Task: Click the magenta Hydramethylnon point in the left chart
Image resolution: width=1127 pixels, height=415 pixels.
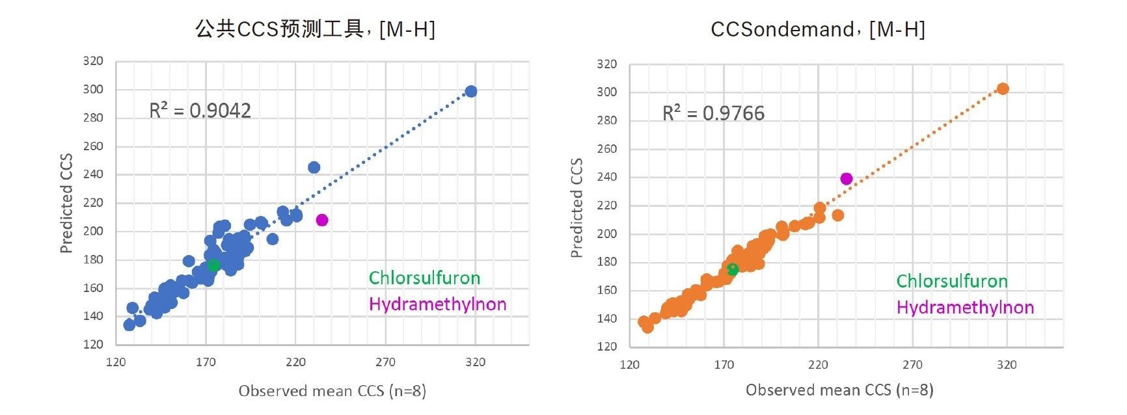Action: click(x=322, y=221)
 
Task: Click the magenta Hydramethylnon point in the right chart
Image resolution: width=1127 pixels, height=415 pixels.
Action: click(x=846, y=179)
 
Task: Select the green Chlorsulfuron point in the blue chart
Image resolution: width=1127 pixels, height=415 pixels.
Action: click(x=213, y=265)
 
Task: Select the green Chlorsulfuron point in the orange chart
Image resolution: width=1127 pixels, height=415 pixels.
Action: click(x=733, y=269)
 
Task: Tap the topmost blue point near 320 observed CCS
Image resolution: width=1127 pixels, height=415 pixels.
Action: click(x=471, y=92)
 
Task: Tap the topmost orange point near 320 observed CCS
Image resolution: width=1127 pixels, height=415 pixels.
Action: click(x=1003, y=89)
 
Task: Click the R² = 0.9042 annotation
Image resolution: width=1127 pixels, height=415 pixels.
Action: click(x=200, y=111)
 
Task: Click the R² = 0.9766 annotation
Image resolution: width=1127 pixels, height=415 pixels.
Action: click(x=713, y=113)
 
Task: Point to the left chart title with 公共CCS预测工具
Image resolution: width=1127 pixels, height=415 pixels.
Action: click(x=316, y=29)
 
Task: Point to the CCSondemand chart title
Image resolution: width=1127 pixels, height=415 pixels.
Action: click(x=817, y=29)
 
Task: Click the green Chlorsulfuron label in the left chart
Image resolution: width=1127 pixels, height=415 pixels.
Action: click(x=424, y=278)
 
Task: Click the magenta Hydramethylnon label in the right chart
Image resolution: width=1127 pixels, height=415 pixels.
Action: click(x=965, y=308)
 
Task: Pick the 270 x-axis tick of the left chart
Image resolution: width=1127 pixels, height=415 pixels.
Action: click(x=385, y=362)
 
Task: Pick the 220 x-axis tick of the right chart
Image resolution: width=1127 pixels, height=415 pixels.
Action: click(x=818, y=365)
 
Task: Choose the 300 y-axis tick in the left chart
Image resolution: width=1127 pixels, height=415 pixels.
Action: click(x=93, y=90)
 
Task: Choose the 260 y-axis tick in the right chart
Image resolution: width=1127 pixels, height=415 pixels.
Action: click(x=606, y=149)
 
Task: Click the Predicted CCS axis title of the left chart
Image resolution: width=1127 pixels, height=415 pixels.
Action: click(x=66, y=203)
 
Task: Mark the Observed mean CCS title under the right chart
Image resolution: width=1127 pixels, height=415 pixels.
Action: click(x=839, y=390)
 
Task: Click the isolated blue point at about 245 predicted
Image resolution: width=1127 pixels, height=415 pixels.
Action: click(x=314, y=168)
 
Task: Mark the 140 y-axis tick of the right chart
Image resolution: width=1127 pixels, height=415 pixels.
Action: click(x=606, y=319)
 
